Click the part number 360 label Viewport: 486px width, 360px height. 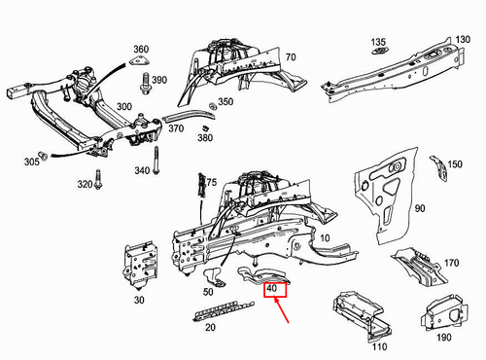click(141, 50)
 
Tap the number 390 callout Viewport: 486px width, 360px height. click(159, 79)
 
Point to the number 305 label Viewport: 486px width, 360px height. click(32, 162)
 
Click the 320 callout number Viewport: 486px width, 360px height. click(85, 185)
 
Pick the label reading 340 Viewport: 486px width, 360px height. click(142, 172)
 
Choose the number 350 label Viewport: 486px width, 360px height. click(226, 101)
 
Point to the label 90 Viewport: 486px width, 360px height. click(420, 209)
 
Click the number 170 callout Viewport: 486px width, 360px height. click(451, 263)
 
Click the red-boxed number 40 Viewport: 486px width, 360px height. click(273, 289)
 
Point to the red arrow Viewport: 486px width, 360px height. click(284, 311)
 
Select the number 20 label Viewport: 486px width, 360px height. click(209, 327)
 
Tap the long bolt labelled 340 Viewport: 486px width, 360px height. click(156, 162)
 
